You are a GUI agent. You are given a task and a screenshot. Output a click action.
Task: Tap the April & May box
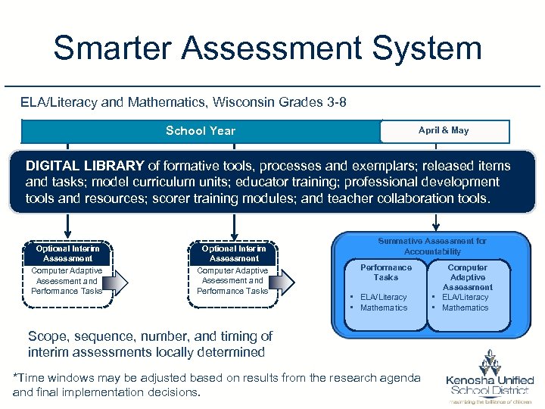click(444, 131)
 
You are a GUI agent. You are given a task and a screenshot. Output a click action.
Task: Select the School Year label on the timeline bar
click(201, 131)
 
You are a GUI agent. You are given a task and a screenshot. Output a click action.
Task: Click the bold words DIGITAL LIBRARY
click(85, 166)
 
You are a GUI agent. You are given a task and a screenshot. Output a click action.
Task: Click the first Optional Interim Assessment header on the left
click(67, 253)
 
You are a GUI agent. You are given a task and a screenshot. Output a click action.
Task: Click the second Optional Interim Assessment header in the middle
click(233, 253)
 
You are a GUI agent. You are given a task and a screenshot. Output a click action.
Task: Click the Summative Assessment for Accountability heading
click(432, 246)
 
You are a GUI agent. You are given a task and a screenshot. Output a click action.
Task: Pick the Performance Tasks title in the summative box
click(386, 272)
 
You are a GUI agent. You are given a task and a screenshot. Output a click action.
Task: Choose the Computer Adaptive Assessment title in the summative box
click(468, 277)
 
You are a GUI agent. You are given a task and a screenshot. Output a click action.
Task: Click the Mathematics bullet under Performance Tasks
click(384, 308)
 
